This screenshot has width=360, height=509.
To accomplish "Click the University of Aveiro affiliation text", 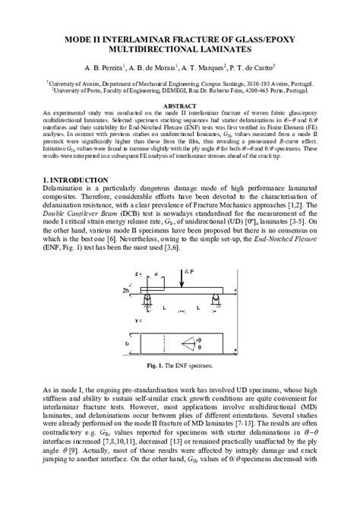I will click(x=179, y=81).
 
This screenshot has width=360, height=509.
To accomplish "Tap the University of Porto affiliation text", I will click(x=179, y=88).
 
